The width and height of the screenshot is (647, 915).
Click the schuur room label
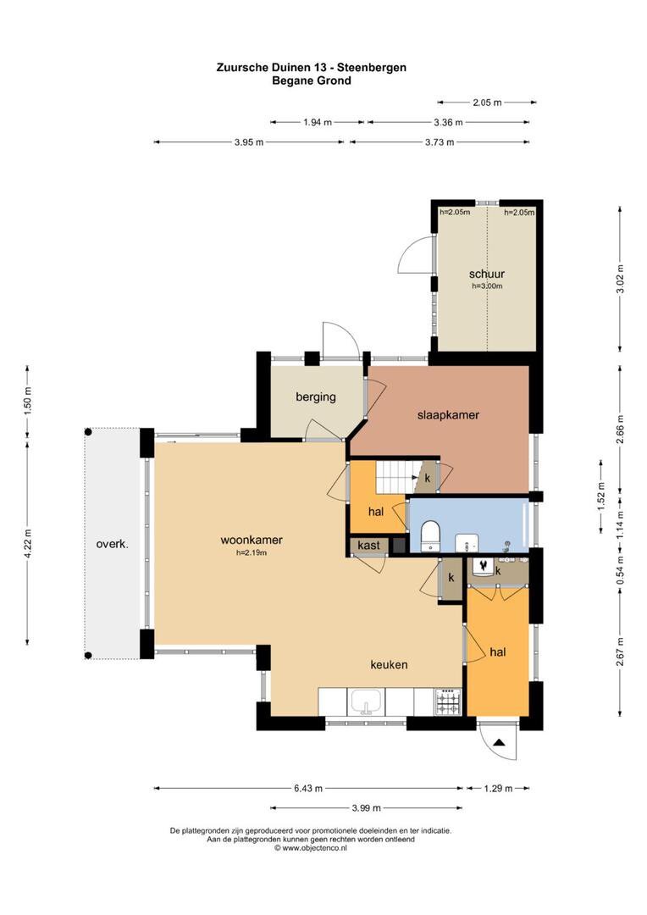point(487,274)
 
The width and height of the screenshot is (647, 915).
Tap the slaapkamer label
point(448,415)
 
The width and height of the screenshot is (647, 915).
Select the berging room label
point(316,396)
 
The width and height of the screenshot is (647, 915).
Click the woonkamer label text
point(252,540)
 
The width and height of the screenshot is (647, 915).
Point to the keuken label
point(390,664)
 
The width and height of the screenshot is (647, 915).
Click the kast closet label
point(368,545)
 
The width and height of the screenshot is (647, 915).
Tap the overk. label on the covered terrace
point(113,544)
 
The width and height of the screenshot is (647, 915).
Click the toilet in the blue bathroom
point(430,535)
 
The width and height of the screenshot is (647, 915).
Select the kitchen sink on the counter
point(366,701)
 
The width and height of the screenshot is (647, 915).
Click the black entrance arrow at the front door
point(499,743)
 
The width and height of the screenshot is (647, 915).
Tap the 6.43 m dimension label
point(308,789)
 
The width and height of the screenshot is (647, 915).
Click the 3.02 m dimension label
point(620,279)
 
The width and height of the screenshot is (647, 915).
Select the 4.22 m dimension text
point(27,543)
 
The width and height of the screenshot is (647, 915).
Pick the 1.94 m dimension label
point(318,123)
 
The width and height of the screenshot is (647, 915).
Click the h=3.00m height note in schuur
point(487,286)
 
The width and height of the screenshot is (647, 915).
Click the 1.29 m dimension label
point(498,789)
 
